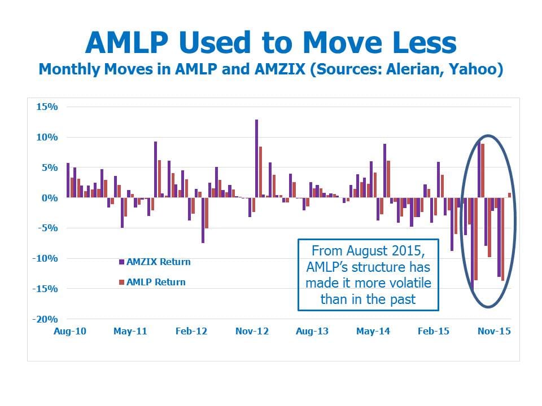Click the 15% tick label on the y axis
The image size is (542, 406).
click(47, 107)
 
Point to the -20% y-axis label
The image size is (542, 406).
click(45, 319)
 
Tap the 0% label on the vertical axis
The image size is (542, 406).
click(50, 198)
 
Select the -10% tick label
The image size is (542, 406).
click(45, 258)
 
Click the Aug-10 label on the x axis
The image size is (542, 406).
click(70, 331)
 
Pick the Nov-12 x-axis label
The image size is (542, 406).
click(252, 331)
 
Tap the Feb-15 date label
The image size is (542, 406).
click(434, 331)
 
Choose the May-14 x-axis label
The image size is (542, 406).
click(373, 331)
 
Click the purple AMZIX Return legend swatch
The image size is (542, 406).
click(121, 262)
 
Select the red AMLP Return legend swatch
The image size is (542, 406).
click(121, 283)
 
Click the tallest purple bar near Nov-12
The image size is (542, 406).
click(256, 159)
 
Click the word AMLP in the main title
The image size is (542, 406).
click(127, 43)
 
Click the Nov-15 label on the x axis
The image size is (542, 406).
click(495, 331)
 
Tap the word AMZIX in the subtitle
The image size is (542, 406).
click(281, 69)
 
